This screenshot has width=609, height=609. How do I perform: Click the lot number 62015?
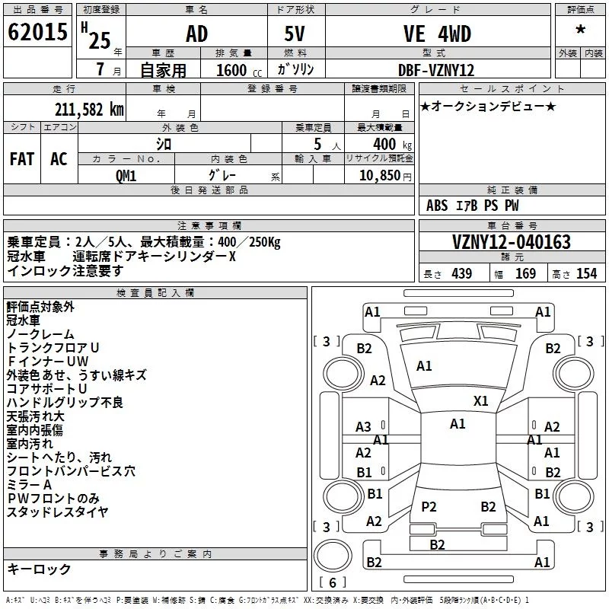coord(37,32)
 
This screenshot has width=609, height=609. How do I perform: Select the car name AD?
coord(197,33)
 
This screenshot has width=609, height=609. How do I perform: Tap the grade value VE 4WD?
coord(437,33)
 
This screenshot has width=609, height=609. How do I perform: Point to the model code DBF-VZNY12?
coord(436,70)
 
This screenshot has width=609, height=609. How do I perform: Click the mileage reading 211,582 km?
coord(89,110)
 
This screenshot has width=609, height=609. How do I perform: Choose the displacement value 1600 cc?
coord(238,70)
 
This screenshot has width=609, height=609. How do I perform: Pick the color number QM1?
coord(126,176)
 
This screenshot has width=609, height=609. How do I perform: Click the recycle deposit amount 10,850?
coord(379,176)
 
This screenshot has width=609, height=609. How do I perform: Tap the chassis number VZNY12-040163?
coord(512,242)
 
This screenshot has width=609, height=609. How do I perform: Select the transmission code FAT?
coord(22,159)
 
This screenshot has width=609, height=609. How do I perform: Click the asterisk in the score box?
coord(580,30)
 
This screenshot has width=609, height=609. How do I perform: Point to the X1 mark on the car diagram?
coord(481,401)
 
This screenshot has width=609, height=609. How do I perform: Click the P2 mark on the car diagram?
coord(429,506)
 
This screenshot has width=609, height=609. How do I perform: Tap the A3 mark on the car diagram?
coord(363,427)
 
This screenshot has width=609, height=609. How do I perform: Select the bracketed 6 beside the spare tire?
coord(333,582)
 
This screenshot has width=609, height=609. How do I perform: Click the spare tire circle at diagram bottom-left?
coord(333,556)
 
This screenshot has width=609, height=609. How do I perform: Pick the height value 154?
coord(586,274)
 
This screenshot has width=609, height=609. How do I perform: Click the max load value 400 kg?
coord(392,145)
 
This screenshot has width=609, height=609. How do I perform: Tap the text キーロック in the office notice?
coord(39,569)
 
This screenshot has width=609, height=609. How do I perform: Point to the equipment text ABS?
coord(437,206)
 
